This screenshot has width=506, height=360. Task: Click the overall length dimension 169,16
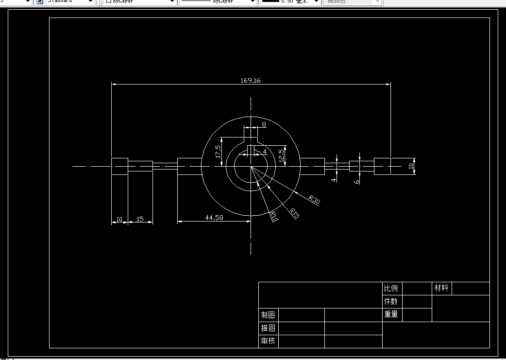[x=251, y=80]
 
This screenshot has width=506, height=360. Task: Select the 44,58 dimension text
[x=214, y=218]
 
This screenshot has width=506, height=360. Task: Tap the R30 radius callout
[x=315, y=200]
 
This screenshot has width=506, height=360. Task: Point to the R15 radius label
[x=294, y=213]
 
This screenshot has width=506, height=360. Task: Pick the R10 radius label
[x=273, y=216]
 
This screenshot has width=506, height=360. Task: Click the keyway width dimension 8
[x=264, y=125]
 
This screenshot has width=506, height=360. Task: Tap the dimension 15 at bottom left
[x=140, y=219]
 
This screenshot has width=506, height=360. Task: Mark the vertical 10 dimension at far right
[x=411, y=166]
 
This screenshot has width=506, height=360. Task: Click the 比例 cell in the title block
[x=391, y=288]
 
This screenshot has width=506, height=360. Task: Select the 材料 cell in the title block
[x=441, y=288]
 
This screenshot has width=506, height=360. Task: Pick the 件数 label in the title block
[x=391, y=301]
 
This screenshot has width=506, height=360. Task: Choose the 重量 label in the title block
[x=391, y=314]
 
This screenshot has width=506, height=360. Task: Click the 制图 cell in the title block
[x=268, y=315]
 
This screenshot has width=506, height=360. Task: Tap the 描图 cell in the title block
[x=268, y=328]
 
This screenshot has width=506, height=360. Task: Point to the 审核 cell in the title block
[x=268, y=341]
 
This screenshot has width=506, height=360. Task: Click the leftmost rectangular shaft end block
[x=119, y=166]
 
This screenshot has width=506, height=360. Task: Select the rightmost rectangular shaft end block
[x=382, y=166]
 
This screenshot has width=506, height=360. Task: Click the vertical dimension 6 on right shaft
[x=357, y=181]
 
